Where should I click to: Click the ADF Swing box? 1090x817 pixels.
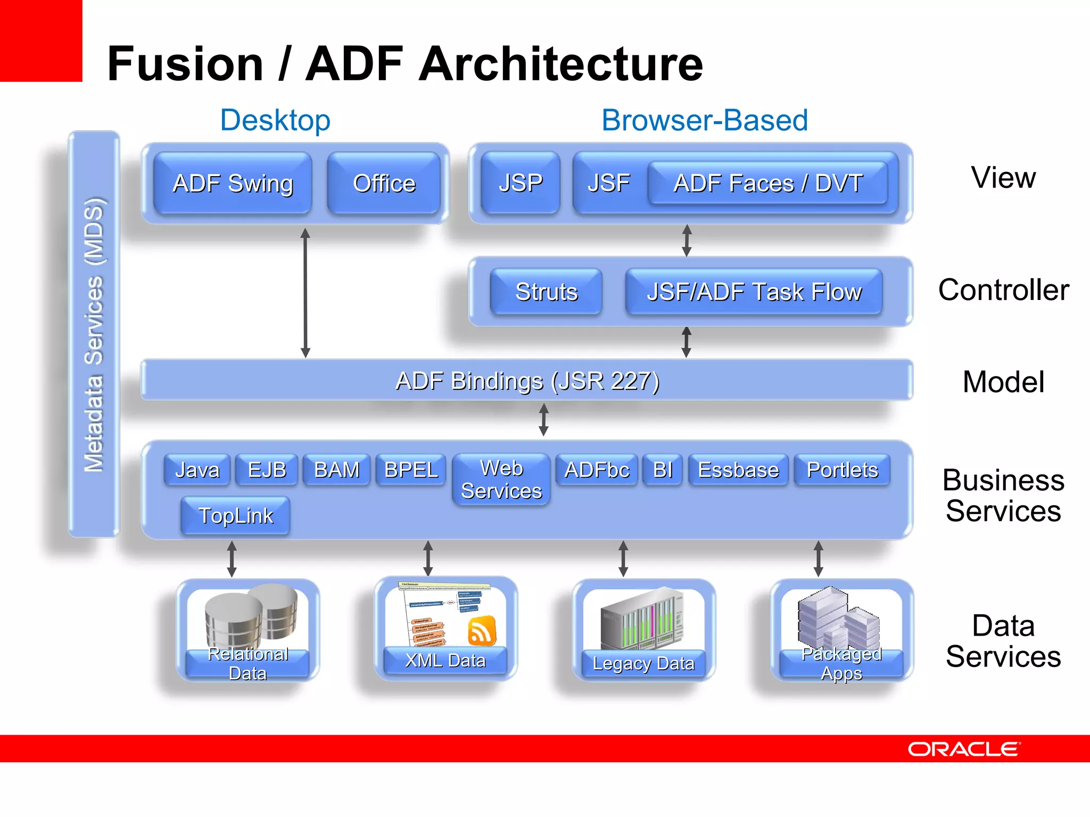(233, 184)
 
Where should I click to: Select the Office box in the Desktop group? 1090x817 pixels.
(384, 184)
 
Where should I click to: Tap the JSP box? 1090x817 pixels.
(520, 184)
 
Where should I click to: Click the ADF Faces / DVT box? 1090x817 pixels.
(767, 184)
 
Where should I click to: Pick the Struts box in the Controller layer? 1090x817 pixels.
(546, 292)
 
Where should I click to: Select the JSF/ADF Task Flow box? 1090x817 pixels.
(754, 292)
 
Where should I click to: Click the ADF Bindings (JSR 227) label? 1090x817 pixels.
(527, 381)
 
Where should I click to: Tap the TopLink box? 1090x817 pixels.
(235, 515)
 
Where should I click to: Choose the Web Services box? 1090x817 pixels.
(501, 479)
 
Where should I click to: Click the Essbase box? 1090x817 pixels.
(738, 470)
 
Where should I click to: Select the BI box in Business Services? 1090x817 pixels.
(662, 470)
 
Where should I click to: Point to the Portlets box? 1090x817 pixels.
(842, 470)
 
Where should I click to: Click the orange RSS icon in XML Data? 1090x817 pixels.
(482, 631)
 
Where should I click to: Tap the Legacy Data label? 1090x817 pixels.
(643, 664)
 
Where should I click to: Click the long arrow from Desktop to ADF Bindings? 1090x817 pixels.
(305, 293)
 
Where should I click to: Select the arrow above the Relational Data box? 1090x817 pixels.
(232, 559)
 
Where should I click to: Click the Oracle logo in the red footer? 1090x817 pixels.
(963, 749)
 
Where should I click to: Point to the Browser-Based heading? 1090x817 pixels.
(704, 120)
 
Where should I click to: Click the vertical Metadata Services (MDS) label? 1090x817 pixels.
(94, 334)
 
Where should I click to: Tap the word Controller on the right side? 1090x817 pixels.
(1003, 290)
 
